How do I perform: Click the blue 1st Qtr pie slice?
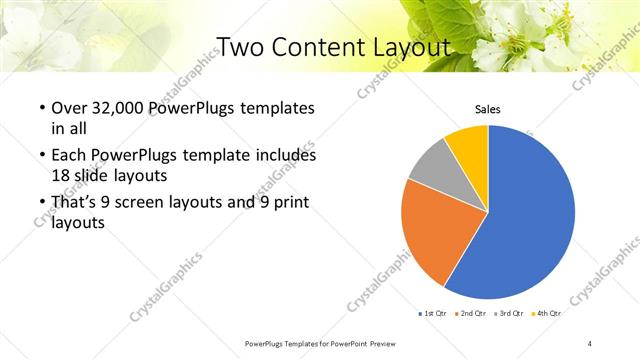(x=530, y=220)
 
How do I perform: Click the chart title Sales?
(x=487, y=109)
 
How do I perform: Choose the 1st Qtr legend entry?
(x=432, y=314)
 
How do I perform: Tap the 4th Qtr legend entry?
(x=546, y=314)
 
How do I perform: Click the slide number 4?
(x=590, y=344)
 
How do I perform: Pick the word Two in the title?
(x=239, y=46)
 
